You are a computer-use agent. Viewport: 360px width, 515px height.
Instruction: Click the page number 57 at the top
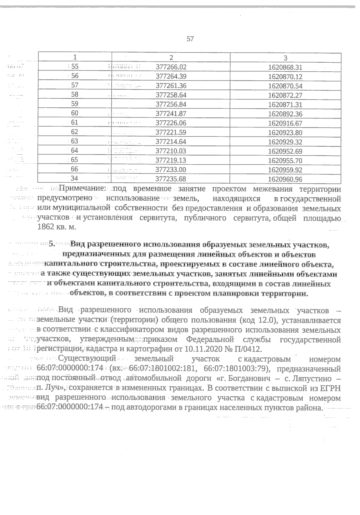tap(190, 39)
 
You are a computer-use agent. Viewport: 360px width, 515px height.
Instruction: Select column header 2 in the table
tap(171, 58)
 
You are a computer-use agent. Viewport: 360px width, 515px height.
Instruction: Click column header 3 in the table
tap(285, 58)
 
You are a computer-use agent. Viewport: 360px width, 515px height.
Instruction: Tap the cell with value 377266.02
tap(171, 67)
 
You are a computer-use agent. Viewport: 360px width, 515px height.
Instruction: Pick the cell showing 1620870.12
tap(285, 77)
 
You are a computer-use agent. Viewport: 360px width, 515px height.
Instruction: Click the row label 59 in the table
tap(75, 104)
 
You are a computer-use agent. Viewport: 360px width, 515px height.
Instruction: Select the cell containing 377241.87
tap(171, 114)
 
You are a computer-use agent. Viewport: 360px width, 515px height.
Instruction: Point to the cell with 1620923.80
tap(285, 133)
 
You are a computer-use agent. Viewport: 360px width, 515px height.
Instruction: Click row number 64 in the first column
tap(75, 151)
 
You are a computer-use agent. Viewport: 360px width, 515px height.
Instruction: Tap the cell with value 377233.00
tap(171, 170)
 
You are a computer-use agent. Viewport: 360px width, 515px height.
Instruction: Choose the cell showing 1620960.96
tap(285, 180)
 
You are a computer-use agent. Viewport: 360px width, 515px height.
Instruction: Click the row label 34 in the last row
tap(75, 179)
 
